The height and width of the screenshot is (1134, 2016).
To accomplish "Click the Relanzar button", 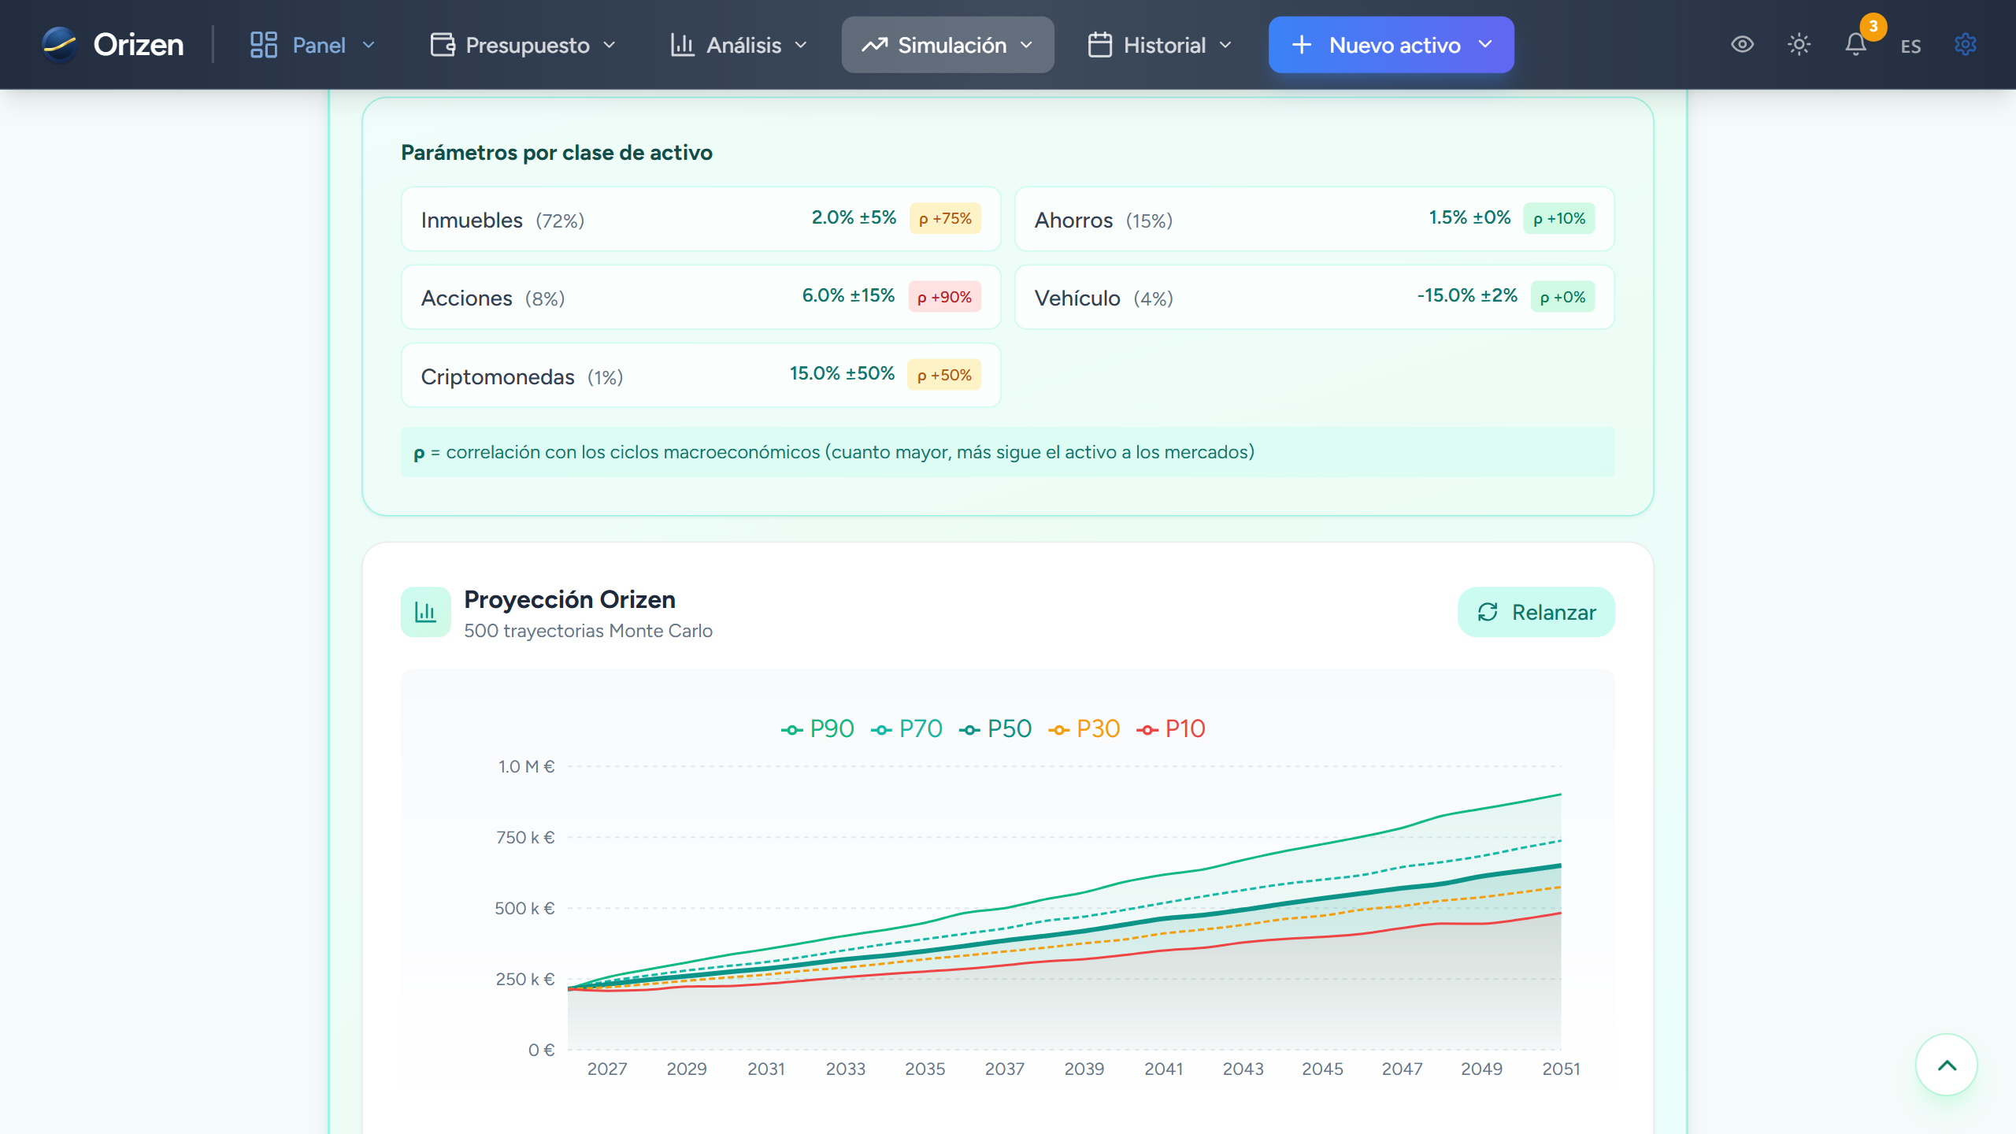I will click(x=1536, y=612).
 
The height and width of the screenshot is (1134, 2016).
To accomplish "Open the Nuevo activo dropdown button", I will click(x=1391, y=45).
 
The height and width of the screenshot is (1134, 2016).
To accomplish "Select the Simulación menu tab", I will click(x=947, y=45).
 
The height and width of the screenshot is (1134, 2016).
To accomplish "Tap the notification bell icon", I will click(x=1855, y=44).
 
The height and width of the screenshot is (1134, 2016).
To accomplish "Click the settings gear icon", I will click(x=1966, y=44).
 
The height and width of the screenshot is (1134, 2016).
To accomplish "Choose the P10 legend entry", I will click(x=1171, y=728).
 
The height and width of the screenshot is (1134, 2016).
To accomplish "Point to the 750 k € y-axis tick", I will click(x=525, y=837).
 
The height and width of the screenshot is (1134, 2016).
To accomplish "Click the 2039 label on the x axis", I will click(x=1084, y=1069).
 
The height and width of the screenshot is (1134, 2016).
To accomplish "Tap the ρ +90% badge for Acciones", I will click(x=944, y=297).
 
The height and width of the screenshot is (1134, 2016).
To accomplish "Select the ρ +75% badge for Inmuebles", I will click(x=945, y=218).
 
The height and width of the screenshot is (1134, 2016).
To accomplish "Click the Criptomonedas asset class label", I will click(x=498, y=376).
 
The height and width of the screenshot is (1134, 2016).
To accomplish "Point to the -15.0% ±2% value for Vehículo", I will click(x=1466, y=295).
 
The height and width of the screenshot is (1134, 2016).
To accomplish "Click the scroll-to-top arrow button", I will click(x=1947, y=1065).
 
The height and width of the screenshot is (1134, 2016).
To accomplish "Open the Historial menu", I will click(x=1159, y=45).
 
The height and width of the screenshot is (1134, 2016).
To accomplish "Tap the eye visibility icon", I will click(x=1742, y=44).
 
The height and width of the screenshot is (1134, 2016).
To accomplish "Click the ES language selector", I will click(x=1910, y=46).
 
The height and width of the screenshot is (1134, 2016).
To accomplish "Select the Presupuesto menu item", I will click(x=523, y=45).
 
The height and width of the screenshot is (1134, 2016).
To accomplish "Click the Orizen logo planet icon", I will click(x=60, y=44).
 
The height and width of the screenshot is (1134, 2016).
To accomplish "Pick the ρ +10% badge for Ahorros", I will click(x=1559, y=218).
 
